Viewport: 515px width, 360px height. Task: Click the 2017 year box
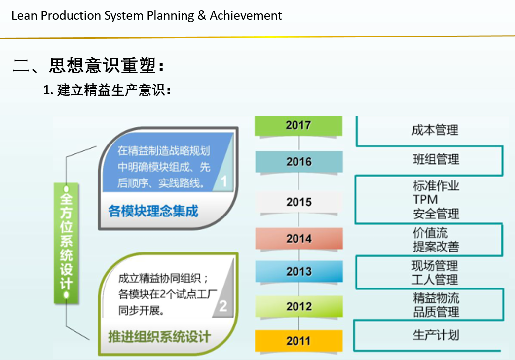pos(298,125)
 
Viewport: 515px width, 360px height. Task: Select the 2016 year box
pos(299,162)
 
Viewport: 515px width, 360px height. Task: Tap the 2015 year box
pos(299,202)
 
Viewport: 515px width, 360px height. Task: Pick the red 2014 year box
pos(299,239)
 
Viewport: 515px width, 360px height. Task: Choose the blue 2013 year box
pos(299,271)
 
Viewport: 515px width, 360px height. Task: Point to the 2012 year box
pos(299,306)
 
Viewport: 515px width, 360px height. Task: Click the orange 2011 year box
pos(298,341)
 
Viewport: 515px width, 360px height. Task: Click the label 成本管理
pos(435,130)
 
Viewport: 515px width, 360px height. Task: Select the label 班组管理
pos(436,159)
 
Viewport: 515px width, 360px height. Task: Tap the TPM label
pos(425,199)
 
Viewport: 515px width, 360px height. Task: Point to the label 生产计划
pos(436,335)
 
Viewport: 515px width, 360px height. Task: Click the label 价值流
pos(430,233)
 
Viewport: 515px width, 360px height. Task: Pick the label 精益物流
pos(436,298)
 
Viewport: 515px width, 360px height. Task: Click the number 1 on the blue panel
pos(224,181)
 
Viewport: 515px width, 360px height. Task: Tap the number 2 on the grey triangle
pos(223,306)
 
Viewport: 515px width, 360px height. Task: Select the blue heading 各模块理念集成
pos(153,211)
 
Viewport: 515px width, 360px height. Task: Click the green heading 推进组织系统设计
pos(160,337)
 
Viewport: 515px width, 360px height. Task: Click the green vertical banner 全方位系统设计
pos(66,243)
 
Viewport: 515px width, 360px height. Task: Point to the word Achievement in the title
pos(246,16)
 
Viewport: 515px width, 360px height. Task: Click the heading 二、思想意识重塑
pos(88,66)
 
